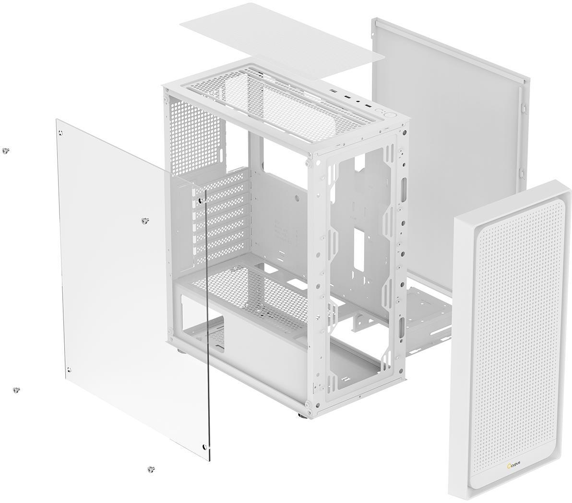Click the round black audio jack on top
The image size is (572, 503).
[360, 103]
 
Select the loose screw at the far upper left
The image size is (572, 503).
[5, 150]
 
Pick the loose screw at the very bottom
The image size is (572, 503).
[151, 469]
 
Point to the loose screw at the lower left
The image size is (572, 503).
[16, 390]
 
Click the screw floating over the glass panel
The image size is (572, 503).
[145, 220]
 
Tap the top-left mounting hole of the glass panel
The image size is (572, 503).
[61, 132]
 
